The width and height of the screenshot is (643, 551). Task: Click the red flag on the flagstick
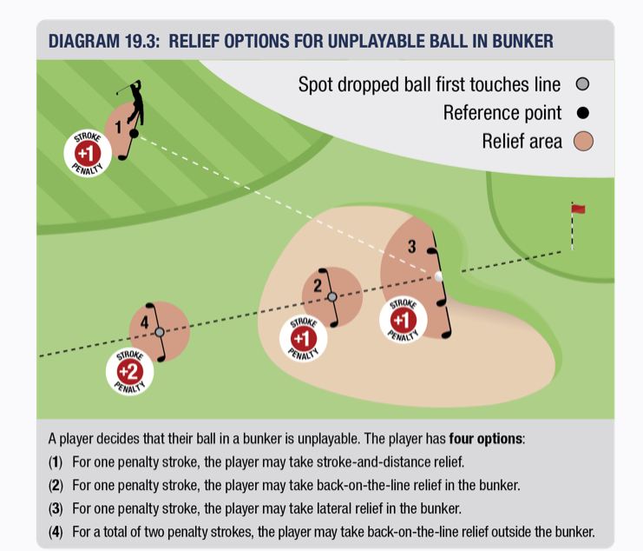(579, 209)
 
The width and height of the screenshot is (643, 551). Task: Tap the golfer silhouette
(133, 111)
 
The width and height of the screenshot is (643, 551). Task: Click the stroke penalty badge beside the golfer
(88, 154)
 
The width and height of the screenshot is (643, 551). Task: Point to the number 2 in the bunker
(318, 285)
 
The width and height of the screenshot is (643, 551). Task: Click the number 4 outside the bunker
(145, 322)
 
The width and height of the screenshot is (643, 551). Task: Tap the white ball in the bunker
(439, 276)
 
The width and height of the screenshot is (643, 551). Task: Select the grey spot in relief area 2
(332, 296)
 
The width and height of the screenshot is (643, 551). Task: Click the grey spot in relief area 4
(160, 332)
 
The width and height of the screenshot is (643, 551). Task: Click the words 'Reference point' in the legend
(502, 113)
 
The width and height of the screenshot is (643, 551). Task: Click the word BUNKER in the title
(515, 41)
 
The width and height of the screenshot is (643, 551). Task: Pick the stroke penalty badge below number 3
(404, 319)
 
